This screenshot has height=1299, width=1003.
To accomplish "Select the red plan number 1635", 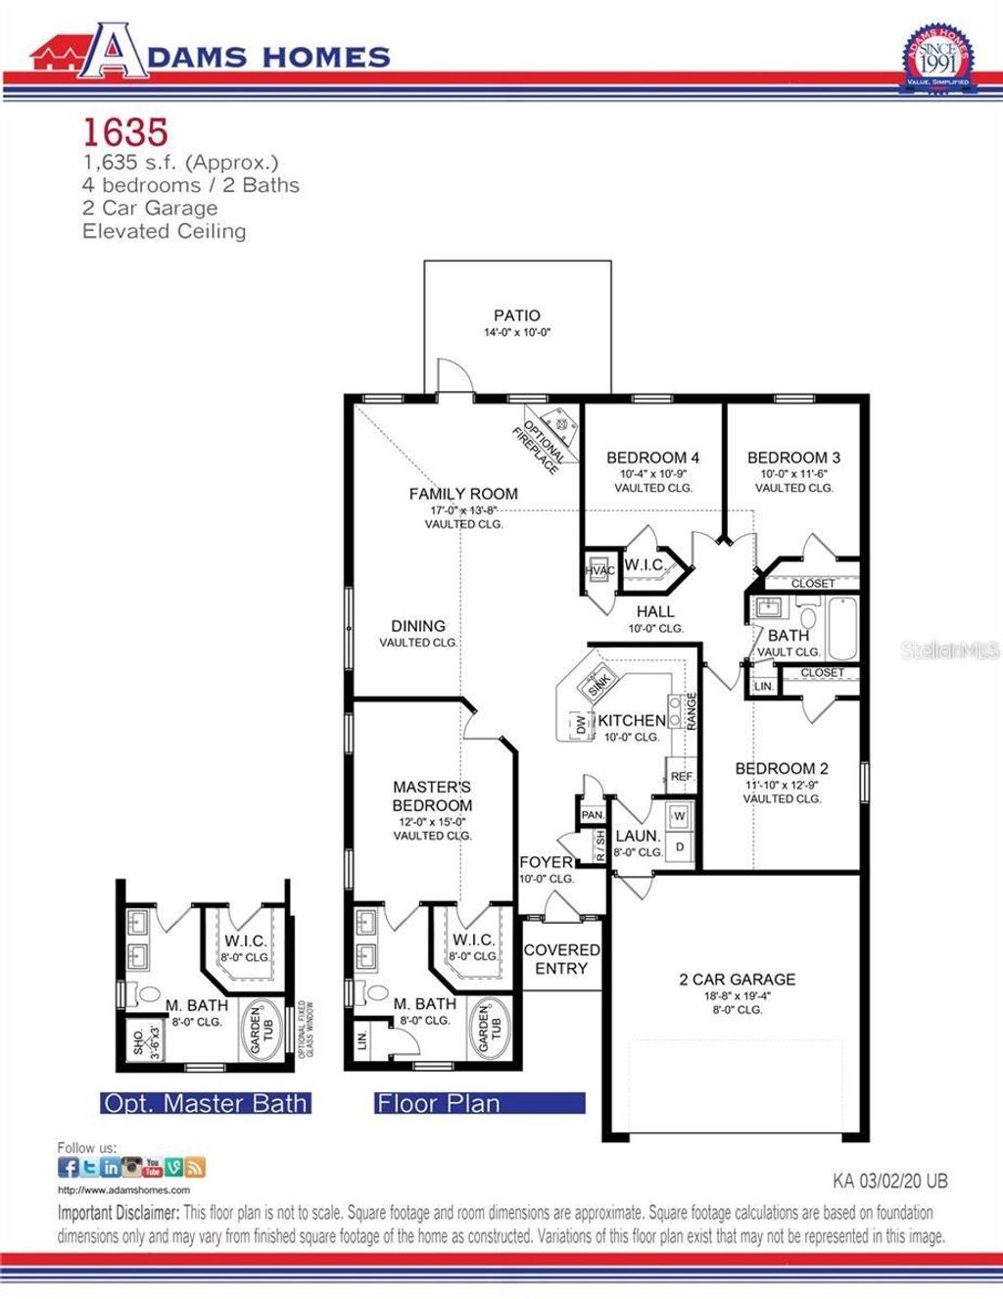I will [x=125, y=130].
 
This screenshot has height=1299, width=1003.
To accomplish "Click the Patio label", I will [x=517, y=315].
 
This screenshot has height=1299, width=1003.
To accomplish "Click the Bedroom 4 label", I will [x=652, y=457].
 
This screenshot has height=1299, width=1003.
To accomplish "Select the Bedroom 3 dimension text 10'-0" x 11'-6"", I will [x=794, y=473].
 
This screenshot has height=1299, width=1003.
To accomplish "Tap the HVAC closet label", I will [x=599, y=570].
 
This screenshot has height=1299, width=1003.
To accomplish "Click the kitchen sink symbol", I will [x=598, y=685].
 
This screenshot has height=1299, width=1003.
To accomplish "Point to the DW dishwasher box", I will [x=580, y=726].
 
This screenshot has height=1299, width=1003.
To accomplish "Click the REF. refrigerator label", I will [x=683, y=776].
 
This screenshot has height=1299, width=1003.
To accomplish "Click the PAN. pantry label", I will [x=592, y=815].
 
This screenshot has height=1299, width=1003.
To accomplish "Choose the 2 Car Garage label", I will [x=738, y=979].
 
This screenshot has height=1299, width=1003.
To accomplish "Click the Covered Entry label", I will [x=561, y=959].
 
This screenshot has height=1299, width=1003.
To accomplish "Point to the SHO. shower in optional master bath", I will [x=143, y=1038].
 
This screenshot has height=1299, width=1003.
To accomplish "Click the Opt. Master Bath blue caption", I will [x=206, y=1103].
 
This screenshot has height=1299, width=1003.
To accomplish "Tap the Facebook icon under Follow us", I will [x=69, y=1167].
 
